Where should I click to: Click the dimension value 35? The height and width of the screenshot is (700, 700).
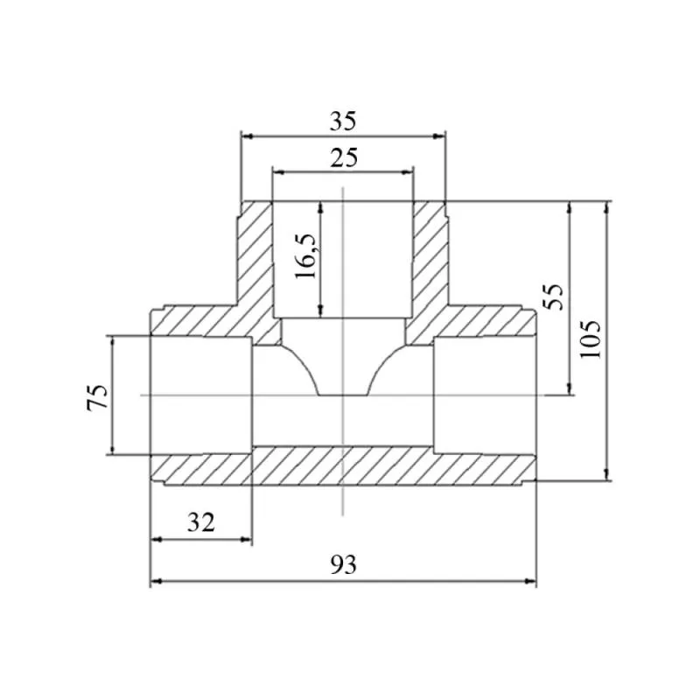pos(343,122)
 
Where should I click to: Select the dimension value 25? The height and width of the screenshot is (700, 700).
pos(343,158)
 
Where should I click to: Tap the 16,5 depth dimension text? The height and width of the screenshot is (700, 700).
pos(305,256)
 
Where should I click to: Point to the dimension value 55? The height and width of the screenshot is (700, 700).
pos(554,297)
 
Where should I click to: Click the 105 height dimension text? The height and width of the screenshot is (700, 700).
pos(591,339)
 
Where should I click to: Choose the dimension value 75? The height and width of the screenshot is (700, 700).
pos(97,396)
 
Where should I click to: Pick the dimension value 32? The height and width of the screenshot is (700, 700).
pos(201,521)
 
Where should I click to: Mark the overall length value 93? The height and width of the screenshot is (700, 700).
pos(343,564)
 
